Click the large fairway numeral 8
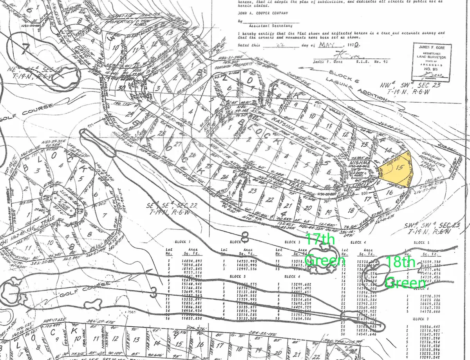[x=245, y=236]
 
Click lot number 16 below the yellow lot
[x=389, y=192]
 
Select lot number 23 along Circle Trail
[x=253, y=191]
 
